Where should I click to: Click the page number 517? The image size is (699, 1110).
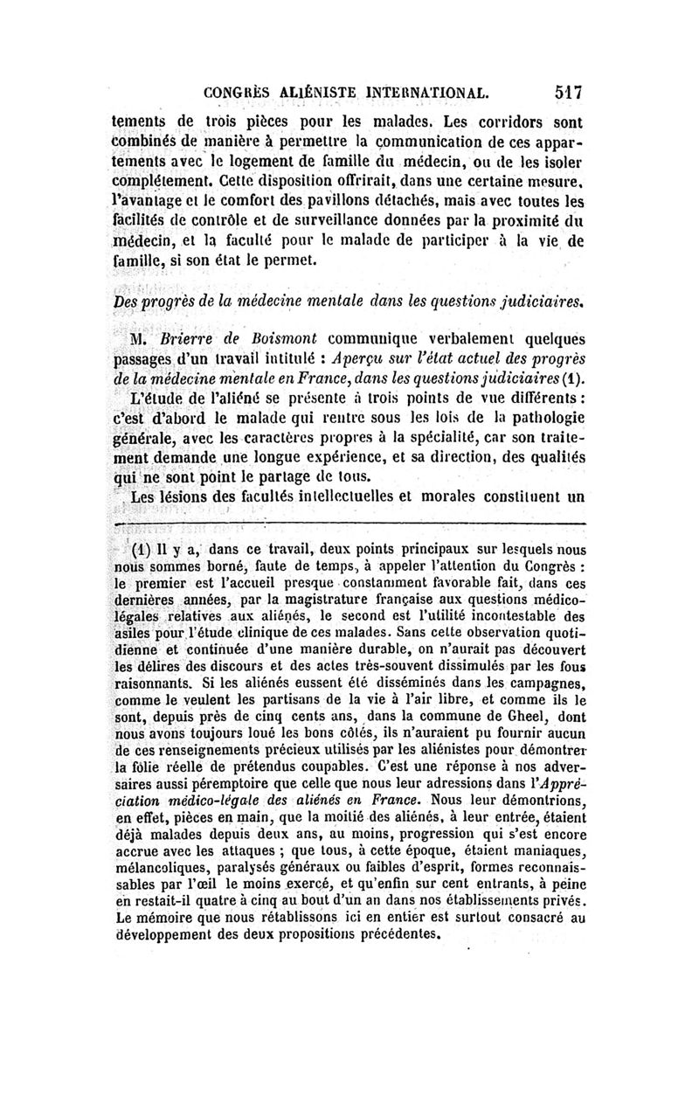coord(567,90)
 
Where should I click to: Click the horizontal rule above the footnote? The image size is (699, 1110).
coord(349,524)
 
